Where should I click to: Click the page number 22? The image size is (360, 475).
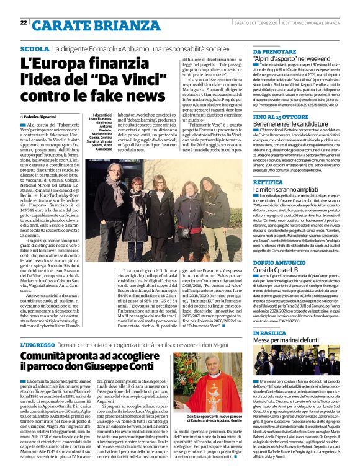(x=23, y=23)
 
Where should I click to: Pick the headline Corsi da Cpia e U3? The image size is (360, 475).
(x=277, y=255)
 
